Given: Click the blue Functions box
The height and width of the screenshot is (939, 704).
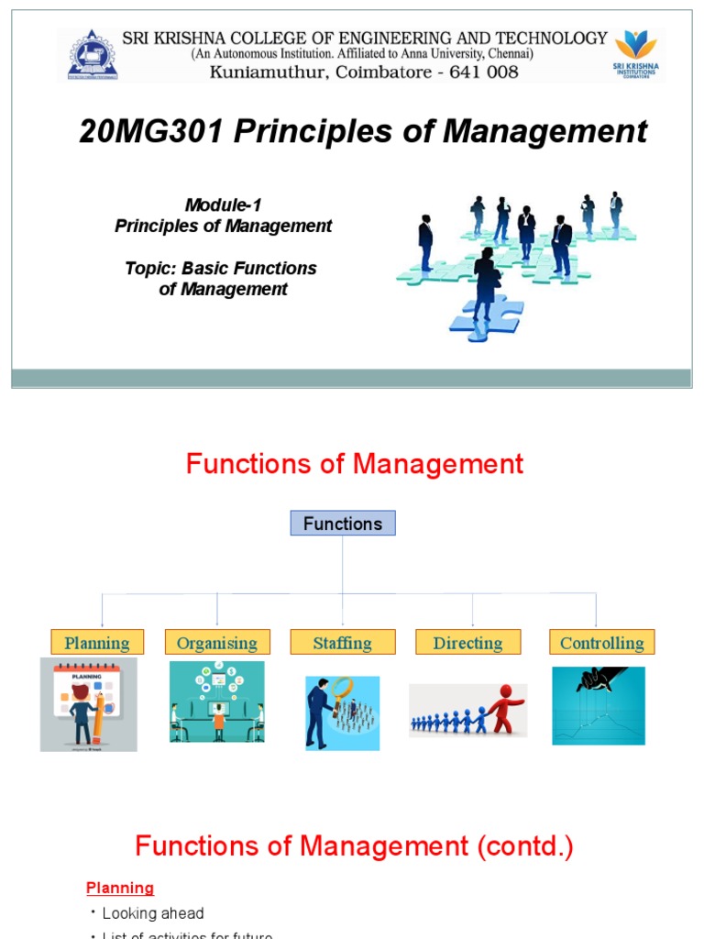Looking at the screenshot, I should click(343, 524).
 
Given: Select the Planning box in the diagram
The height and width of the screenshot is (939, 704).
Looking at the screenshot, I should click(96, 642).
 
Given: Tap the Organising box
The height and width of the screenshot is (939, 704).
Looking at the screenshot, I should click(217, 642).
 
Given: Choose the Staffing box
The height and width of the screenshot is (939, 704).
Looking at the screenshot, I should click(342, 642).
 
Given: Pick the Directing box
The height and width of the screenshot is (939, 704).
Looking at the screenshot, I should click(467, 642).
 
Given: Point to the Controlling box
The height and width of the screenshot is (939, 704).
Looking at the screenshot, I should click(601, 642).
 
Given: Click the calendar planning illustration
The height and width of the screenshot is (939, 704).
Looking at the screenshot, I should click(89, 704).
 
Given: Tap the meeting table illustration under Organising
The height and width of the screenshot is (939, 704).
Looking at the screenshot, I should click(217, 701).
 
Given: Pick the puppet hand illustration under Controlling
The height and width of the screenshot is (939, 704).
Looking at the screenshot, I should click(599, 705).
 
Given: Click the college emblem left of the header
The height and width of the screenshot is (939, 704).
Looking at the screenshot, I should click(93, 55).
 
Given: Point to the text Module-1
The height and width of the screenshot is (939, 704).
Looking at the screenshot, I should click(223, 205).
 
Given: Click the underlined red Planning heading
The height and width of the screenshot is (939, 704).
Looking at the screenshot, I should click(120, 888).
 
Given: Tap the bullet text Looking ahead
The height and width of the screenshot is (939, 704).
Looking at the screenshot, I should click(153, 913).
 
